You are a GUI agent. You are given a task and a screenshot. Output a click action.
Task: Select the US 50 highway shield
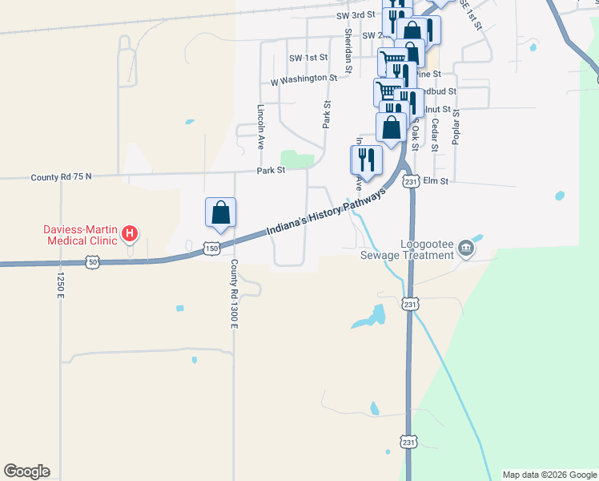(93, 262)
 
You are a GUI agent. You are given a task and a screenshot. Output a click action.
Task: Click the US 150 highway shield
(211, 249)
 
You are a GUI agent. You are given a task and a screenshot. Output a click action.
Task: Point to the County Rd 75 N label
(61, 176)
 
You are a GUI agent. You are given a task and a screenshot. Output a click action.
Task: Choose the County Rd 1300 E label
(235, 293)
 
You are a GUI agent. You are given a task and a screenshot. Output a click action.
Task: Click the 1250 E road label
(60, 286)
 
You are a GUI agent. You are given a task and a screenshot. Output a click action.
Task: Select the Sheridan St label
(348, 50)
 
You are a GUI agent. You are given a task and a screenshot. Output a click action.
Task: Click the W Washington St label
(304, 79)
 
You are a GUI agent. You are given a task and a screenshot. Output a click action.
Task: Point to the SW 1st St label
(309, 58)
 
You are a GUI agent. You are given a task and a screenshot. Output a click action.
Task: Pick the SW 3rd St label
(356, 15)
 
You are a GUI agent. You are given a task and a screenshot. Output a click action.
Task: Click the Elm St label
(439, 182)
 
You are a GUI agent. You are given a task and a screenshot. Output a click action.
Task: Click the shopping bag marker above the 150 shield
(220, 214)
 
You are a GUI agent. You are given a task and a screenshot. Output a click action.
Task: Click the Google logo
(26, 471)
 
